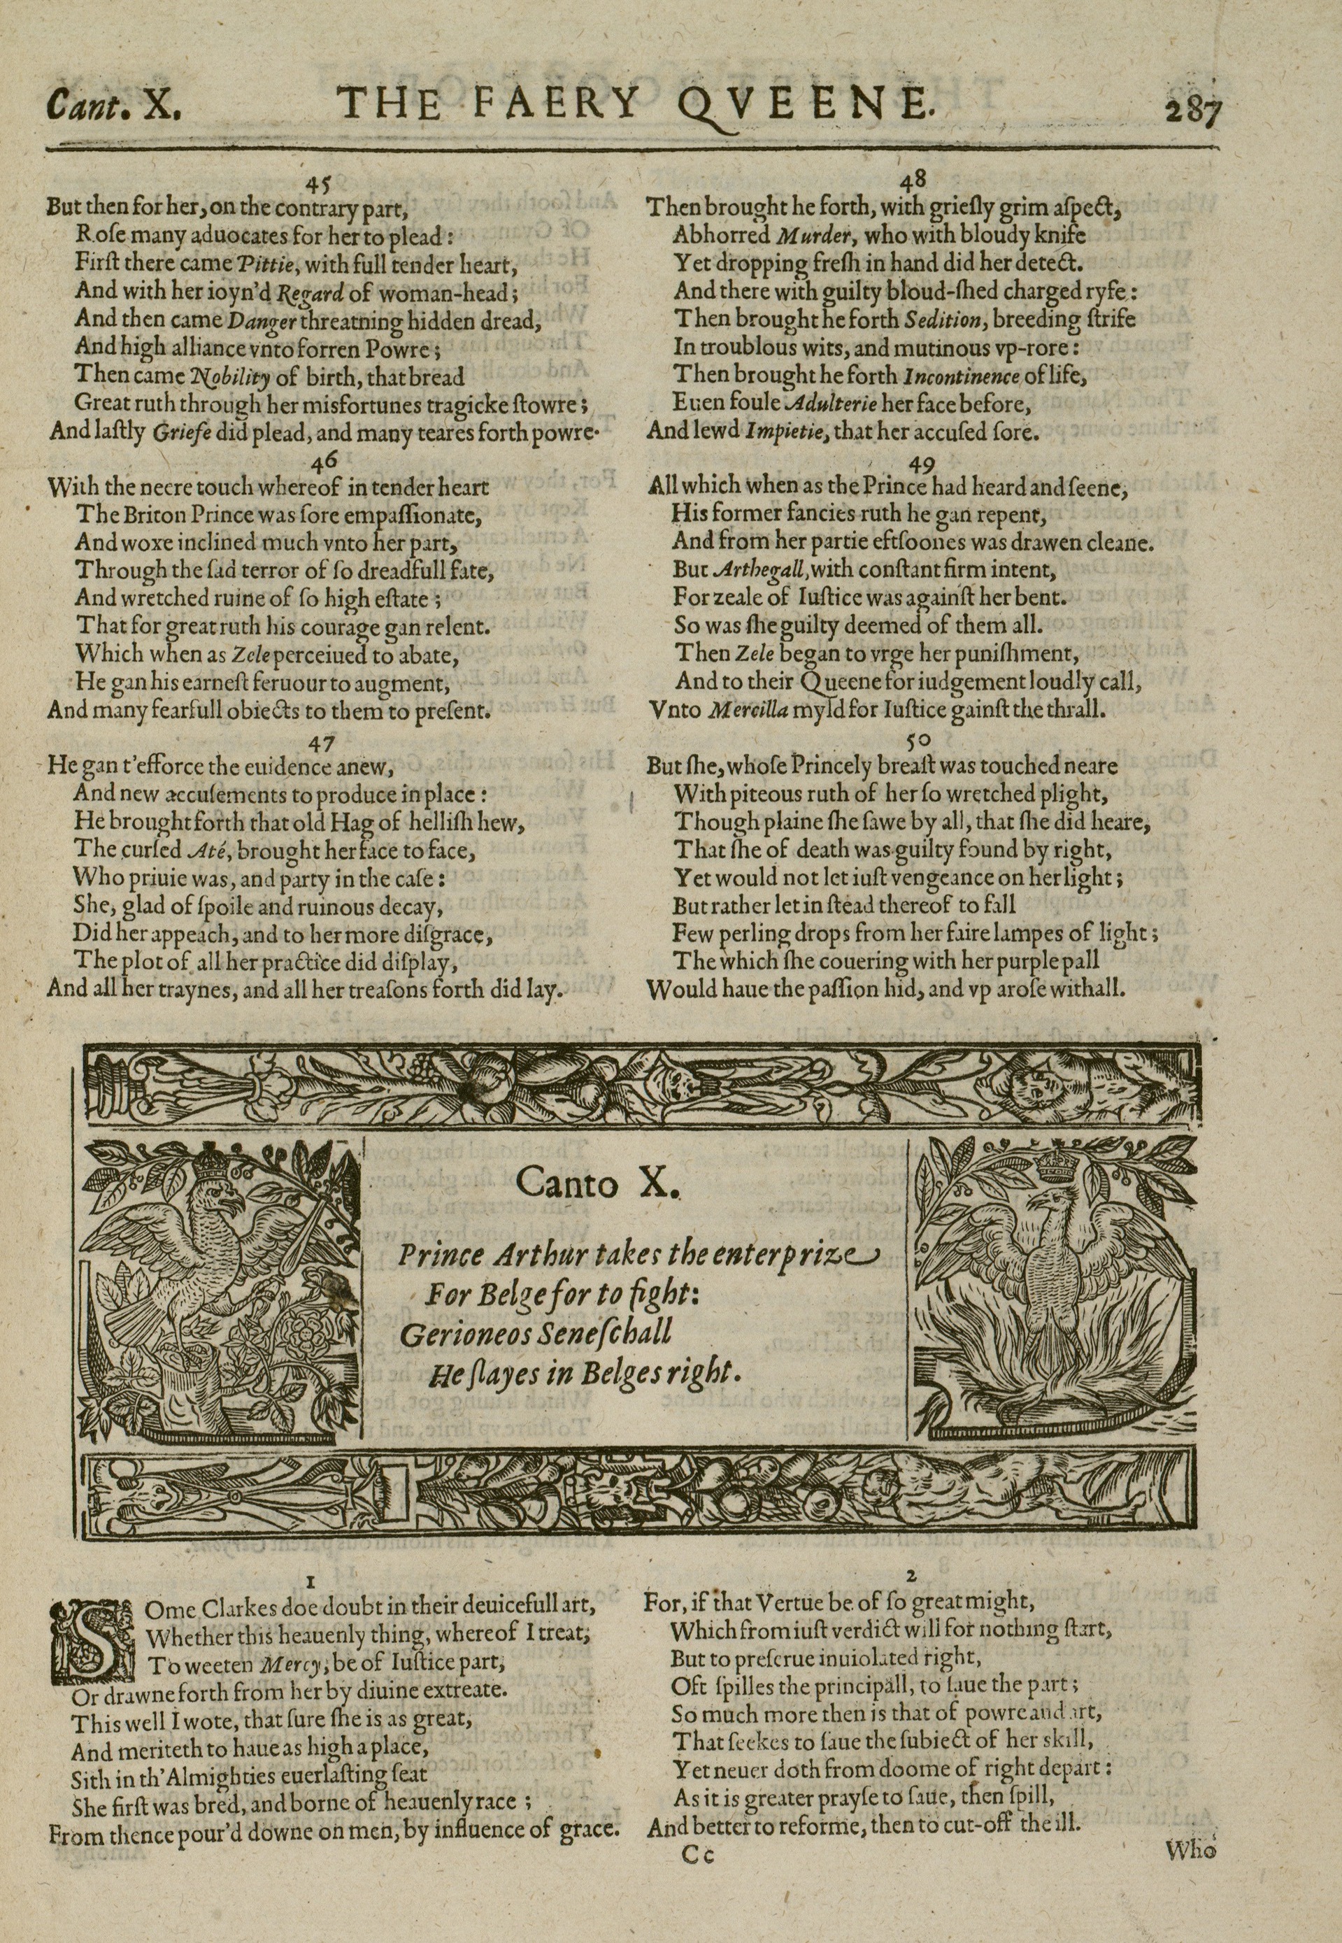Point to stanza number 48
913,180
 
